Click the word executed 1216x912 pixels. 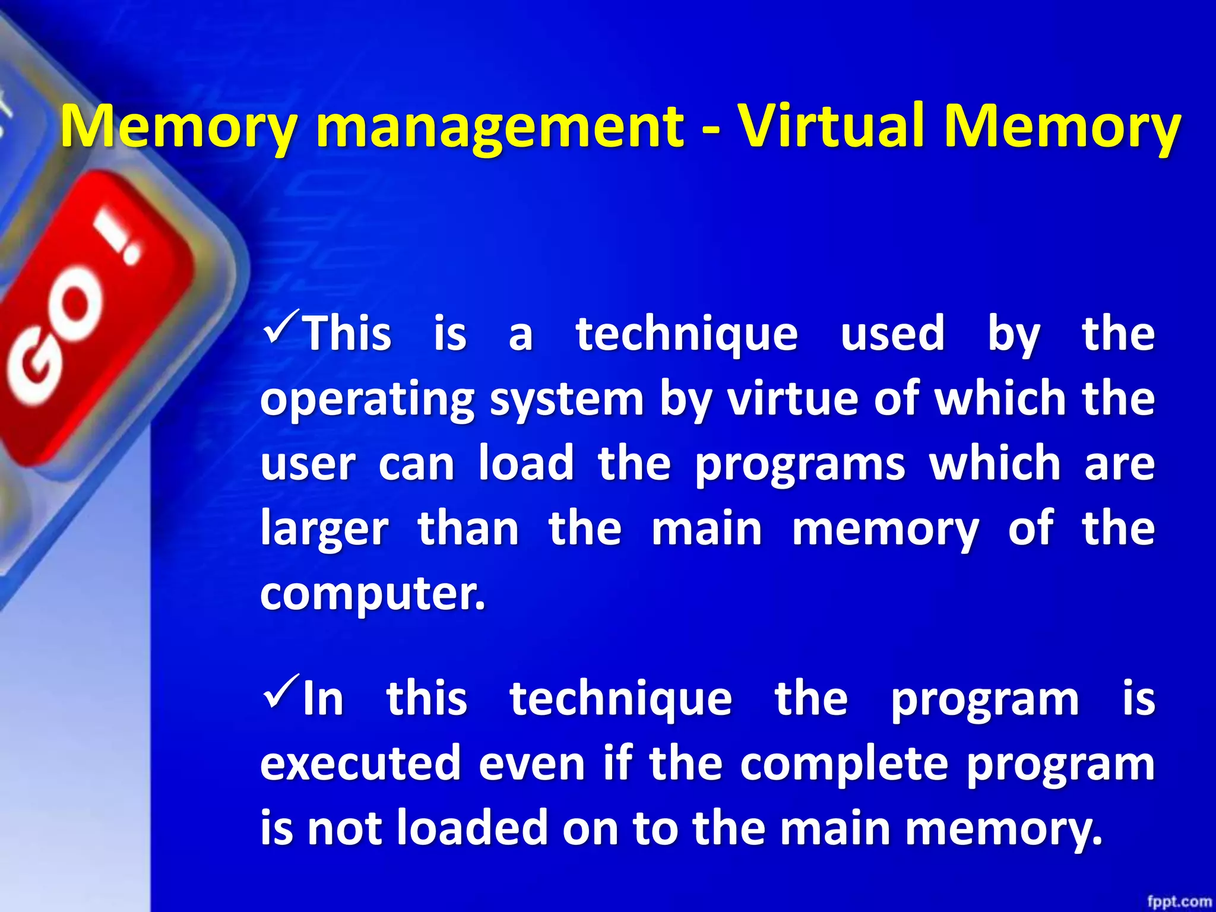tap(361, 764)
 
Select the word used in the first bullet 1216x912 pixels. tap(892, 334)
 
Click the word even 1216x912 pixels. tap(532, 764)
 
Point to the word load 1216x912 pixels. tap(527, 463)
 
